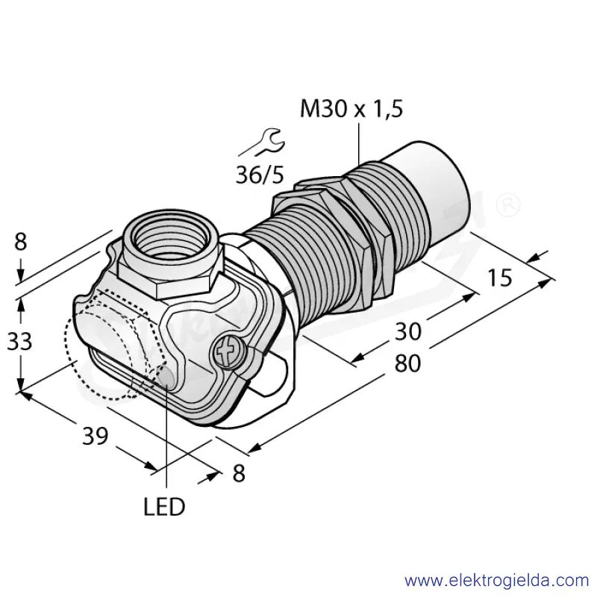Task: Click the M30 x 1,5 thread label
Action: click(351, 109)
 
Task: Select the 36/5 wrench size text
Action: click(260, 175)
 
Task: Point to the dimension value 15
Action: click(499, 278)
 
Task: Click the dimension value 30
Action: click(408, 331)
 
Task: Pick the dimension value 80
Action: click(407, 363)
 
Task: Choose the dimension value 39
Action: click(96, 436)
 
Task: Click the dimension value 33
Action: click(19, 342)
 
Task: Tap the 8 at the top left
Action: click(21, 241)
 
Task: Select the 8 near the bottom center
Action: click(239, 474)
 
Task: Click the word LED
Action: click(164, 507)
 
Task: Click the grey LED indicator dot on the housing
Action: click(166, 377)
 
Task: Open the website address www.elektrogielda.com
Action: click(497, 581)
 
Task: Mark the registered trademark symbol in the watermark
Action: click(508, 204)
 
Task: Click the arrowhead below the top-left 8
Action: click(21, 275)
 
